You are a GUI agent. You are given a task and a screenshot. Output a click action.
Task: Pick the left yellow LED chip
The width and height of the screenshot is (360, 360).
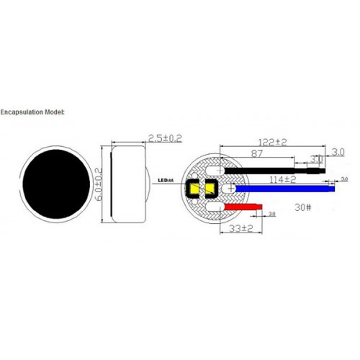coord(194,190)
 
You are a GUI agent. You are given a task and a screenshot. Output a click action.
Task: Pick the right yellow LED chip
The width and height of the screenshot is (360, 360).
coord(210,190)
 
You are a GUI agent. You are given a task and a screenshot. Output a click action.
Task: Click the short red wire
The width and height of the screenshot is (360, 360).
coord(244,207)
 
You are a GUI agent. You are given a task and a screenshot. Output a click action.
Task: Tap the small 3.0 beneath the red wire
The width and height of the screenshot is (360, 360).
coord(271,215)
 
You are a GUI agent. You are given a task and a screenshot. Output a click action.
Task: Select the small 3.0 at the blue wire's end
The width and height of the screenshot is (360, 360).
coord(344,179)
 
